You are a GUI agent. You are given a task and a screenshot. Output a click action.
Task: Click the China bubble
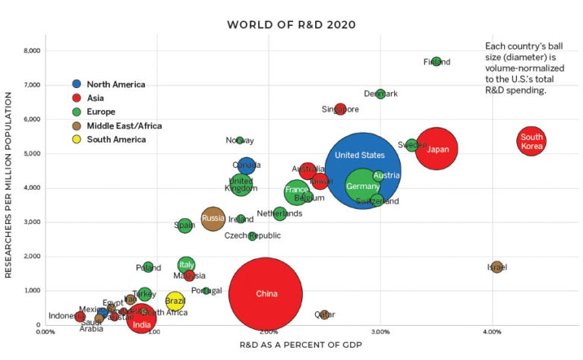[x=266, y=293]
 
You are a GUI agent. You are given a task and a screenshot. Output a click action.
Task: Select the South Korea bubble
[x=531, y=141]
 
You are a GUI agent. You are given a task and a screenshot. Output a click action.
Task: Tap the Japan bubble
[x=436, y=149]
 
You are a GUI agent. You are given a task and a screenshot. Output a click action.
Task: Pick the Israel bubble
[x=496, y=267]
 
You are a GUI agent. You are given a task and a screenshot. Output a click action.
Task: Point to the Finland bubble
[x=436, y=62]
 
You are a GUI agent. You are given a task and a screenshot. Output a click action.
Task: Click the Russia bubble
[x=213, y=219]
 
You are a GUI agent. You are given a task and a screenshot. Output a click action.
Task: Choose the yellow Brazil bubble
[x=175, y=301]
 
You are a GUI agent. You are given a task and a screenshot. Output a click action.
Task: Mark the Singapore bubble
[x=340, y=109]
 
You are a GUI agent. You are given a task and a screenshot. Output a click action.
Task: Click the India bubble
[x=141, y=321]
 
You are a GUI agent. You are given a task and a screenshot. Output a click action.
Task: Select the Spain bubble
[x=184, y=225]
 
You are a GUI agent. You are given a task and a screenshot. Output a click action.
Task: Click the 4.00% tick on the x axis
[x=491, y=332]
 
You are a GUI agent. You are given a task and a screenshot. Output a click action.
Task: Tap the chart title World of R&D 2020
[x=291, y=25]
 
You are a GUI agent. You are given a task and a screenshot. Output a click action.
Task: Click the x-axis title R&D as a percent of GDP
[x=291, y=346]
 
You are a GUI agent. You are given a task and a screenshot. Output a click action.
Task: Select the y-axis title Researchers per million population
[x=10, y=185]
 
